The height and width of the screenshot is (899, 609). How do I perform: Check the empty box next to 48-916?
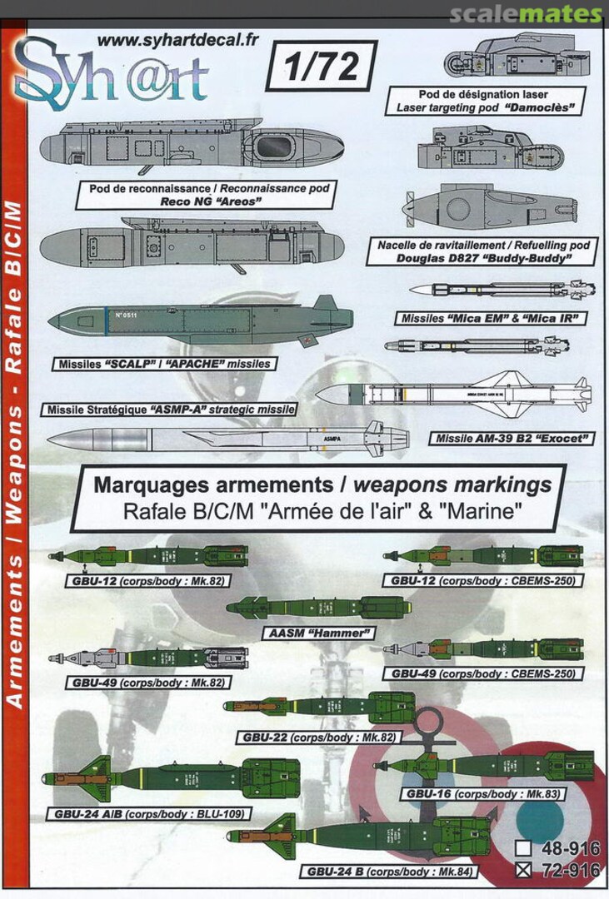(x=524, y=849)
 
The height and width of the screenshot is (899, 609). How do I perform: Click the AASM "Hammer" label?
(x=307, y=633)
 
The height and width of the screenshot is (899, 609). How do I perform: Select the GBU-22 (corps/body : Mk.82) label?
(x=318, y=737)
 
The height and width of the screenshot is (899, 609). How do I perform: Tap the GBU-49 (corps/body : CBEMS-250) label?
(x=483, y=672)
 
